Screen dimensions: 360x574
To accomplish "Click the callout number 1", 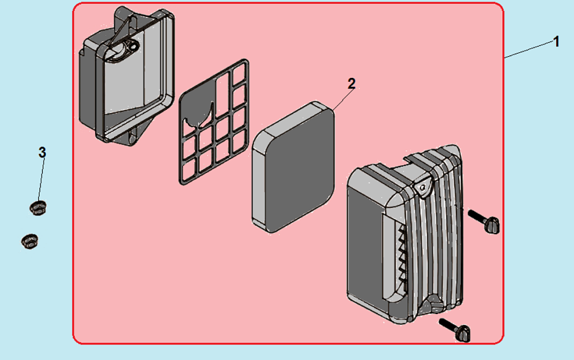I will point(556,42).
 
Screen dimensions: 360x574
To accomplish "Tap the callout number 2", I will point(351,84).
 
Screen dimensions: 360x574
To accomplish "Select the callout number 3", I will point(42,152).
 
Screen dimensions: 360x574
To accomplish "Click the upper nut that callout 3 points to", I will point(37,207).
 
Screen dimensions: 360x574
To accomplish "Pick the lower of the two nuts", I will point(28,241).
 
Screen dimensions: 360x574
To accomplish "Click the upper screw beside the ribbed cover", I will point(485,221).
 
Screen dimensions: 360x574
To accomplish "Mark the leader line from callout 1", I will point(529,49).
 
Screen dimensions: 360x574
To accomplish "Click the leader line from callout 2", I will point(343,99).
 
